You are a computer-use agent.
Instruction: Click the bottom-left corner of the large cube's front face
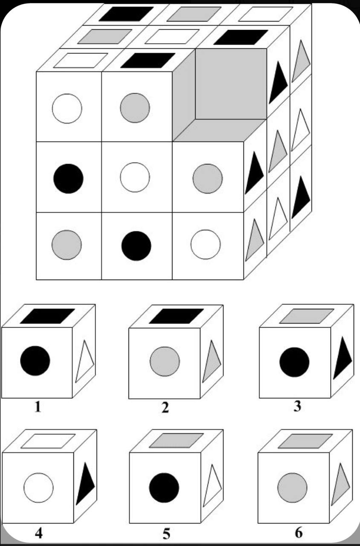click(36, 279)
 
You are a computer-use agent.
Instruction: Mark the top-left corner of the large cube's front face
click(36, 72)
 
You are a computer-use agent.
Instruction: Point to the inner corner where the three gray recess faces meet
click(195, 119)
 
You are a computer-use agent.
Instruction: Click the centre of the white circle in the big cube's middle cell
click(135, 177)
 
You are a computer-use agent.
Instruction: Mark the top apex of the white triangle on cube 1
click(85, 340)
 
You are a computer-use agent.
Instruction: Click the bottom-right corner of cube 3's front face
click(331, 398)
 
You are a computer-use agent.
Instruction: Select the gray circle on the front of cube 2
click(165, 362)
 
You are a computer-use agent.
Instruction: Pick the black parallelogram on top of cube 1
click(47, 316)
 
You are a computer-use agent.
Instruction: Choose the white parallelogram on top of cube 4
click(48, 441)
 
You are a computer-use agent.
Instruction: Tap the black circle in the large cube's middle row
click(69, 179)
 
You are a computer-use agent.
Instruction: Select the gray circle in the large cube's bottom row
click(67, 245)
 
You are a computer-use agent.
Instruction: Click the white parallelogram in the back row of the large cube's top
click(266, 14)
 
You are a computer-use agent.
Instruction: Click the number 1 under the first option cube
click(38, 407)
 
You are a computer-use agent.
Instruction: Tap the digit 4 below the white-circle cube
click(39, 533)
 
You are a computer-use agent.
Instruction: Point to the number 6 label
click(299, 533)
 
